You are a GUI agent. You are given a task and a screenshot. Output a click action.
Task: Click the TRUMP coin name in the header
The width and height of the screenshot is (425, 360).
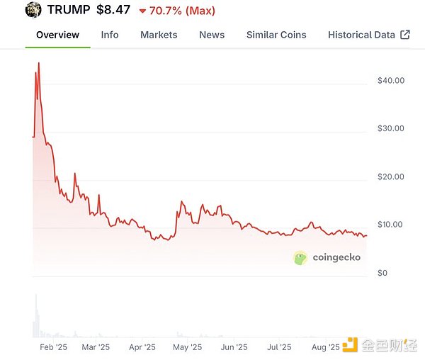[69, 10]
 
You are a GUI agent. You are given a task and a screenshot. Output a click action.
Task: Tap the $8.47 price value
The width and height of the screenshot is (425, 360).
[113, 10]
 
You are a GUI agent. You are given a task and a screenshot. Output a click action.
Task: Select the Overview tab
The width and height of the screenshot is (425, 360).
[57, 34]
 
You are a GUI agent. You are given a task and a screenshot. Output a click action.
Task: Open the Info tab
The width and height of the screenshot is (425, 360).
[110, 34]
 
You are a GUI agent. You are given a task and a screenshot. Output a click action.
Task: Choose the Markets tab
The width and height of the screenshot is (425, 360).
[159, 34]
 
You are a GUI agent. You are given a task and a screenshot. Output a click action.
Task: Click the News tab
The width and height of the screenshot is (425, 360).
[212, 34]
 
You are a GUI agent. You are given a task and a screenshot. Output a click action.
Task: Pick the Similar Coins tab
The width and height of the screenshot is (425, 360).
[276, 34]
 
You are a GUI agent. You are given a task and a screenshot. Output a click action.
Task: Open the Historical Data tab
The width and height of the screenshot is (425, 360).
[361, 34]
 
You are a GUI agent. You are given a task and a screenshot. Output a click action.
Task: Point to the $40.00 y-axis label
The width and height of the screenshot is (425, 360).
[391, 80]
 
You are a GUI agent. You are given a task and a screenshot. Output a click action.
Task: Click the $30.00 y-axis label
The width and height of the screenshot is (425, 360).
[391, 128]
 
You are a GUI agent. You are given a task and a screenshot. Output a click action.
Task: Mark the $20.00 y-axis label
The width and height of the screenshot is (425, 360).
[391, 176]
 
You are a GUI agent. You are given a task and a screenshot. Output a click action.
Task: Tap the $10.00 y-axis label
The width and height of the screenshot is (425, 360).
[391, 225]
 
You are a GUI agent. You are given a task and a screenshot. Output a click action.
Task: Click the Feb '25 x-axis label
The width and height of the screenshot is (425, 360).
[53, 347]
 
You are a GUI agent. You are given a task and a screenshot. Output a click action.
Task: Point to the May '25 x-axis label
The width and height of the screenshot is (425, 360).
[187, 347]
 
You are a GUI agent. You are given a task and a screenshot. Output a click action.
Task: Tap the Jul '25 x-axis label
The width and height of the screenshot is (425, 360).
[279, 347]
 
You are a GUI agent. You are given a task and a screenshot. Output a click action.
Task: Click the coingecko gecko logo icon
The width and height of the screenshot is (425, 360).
[300, 258]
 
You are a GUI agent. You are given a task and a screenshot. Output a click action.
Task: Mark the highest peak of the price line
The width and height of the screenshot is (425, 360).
[38, 63]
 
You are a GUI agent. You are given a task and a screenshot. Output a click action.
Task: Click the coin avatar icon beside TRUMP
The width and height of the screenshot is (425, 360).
[33, 10]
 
